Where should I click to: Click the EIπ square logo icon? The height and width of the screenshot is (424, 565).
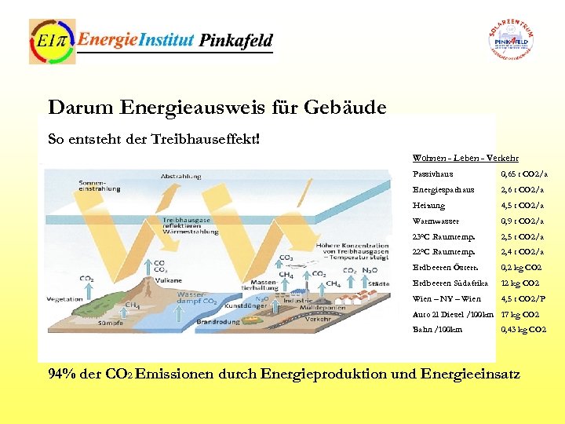coord(52,42)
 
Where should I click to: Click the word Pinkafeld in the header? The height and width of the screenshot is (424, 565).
coord(235,40)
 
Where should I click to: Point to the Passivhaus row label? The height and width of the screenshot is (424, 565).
coord(432,174)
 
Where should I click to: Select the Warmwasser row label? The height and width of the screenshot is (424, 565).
coord(436,221)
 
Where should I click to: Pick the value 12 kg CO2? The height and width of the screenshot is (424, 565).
coord(520,283)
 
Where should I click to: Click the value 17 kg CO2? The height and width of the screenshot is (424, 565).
coord(520,314)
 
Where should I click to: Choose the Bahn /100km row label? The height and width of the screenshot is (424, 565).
coord(437,330)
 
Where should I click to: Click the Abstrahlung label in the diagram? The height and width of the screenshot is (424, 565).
coord(181,177)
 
